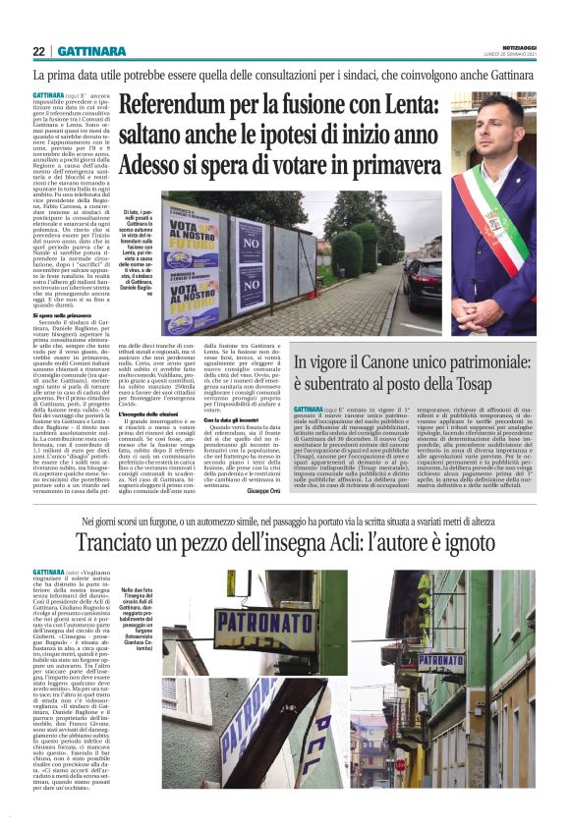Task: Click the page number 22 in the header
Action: pos(38,51)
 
